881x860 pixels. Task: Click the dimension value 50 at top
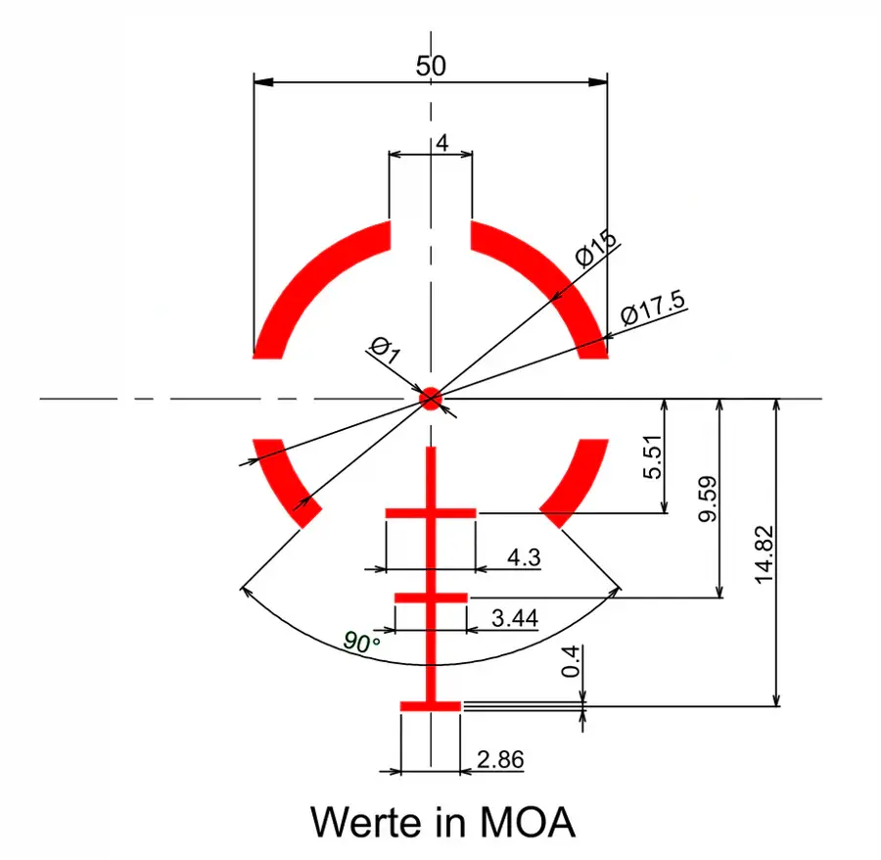tap(431, 67)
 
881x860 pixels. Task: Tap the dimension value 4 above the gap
tap(442, 143)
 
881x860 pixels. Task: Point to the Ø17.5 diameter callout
tap(654, 308)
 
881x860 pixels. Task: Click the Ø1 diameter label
tap(386, 350)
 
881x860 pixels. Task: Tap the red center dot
tap(431, 399)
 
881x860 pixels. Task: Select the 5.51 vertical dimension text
tap(652, 456)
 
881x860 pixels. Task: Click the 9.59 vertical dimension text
tap(708, 499)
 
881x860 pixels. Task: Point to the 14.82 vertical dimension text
tap(765, 555)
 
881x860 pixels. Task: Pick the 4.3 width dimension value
tap(524, 557)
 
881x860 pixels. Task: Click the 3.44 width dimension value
tap(515, 618)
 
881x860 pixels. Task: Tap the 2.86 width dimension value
tap(500, 759)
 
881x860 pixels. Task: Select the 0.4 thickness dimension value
tap(571, 661)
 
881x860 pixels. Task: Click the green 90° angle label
tap(361, 642)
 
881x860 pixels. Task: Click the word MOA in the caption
tap(528, 823)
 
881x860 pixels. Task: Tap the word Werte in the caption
tap(366, 823)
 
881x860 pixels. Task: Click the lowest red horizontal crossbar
tap(431, 706)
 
